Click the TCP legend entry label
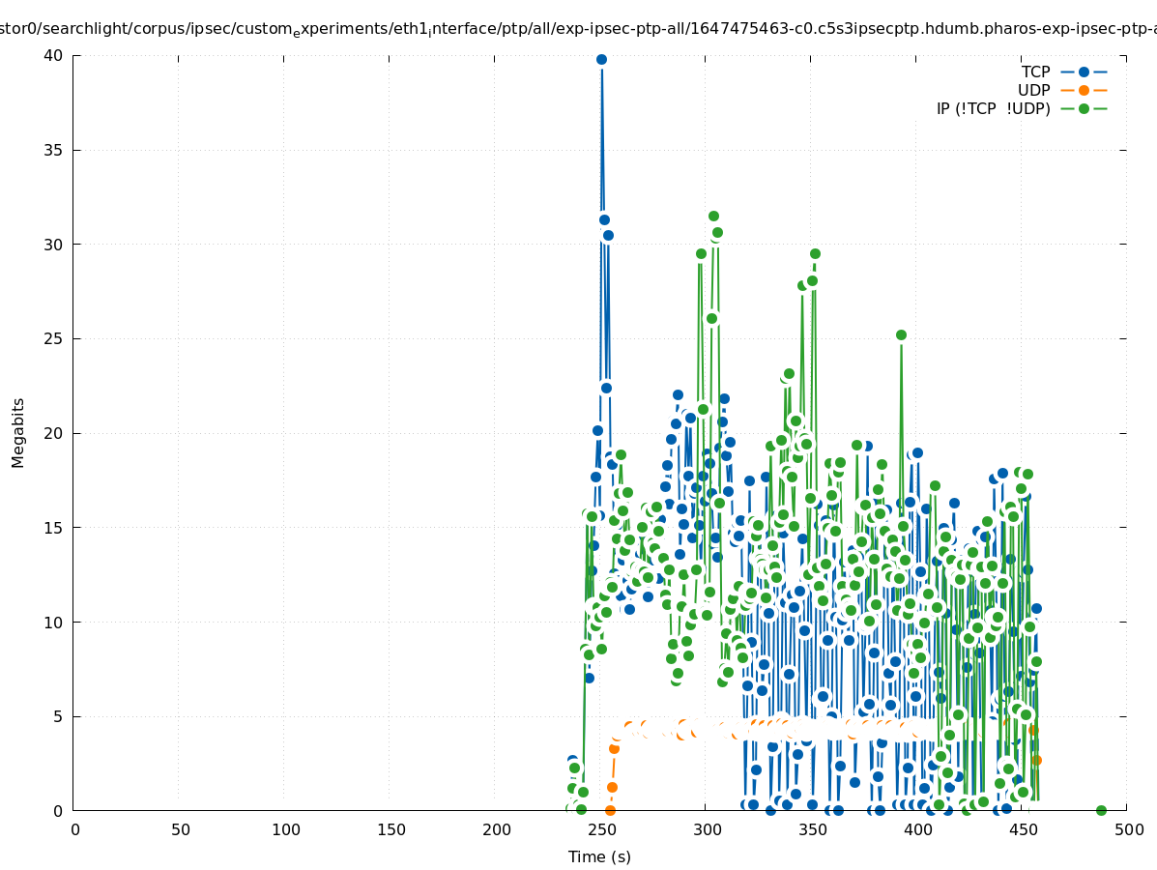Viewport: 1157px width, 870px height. pos(1035,72)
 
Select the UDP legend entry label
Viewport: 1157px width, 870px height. pos(1033,90)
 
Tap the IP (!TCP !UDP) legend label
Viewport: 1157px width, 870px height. pos(993,108)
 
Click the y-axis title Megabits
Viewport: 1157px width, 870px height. pos(18,432)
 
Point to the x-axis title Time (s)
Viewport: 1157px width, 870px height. pos(599,856)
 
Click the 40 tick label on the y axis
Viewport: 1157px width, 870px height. pos(53,56)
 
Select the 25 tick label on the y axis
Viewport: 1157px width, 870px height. pos(53,339)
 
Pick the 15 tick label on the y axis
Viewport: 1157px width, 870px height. pos(53,528)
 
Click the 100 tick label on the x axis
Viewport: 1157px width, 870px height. pos(286,829)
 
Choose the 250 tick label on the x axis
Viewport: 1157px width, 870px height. pos(602,829)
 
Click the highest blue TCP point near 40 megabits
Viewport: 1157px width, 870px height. pos(601,59)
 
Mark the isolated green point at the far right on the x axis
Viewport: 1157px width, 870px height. pos(1101,810)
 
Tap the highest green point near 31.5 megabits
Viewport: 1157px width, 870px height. pos(713,216)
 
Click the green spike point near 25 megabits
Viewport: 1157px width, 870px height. pos(901,334)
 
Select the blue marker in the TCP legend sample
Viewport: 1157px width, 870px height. pos(1084,72)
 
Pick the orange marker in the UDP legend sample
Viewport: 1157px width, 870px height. pos(1084,90)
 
